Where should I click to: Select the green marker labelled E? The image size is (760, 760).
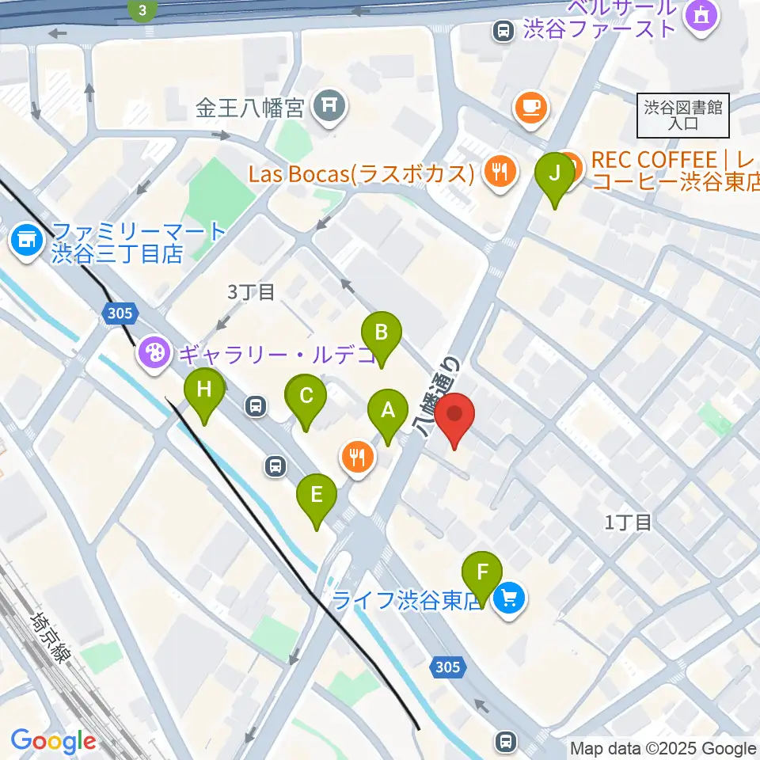tap(317, 497)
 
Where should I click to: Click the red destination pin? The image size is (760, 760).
tap(454, 416)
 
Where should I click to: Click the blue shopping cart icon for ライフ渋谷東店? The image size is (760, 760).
tap(508, 598)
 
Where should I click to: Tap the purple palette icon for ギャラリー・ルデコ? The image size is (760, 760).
tap(153, 351)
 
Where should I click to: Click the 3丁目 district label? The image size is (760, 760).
tap(251, 292)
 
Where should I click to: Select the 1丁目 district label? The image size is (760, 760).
tap(628, 522)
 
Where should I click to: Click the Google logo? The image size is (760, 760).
tap(53, 742)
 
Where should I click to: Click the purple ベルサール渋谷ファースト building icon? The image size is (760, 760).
tap(701, 15)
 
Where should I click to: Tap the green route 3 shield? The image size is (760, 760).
tap(142, 9)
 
